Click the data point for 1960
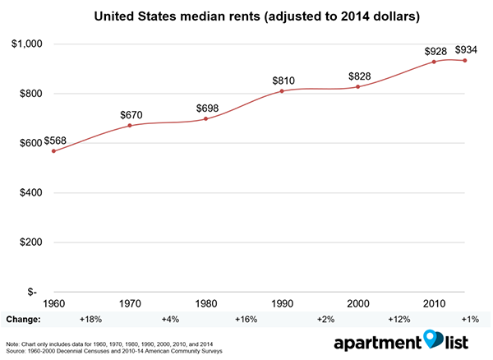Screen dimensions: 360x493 [x=54, y=151]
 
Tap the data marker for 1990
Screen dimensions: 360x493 [x=281, y=91]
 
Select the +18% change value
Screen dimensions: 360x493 [x=90, y=318]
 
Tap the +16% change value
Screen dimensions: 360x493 [x=245, y=318]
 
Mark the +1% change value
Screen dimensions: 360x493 [x=469, y=318]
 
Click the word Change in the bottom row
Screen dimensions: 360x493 [x=24, y=318]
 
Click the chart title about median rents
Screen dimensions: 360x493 [x=246, y=16]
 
